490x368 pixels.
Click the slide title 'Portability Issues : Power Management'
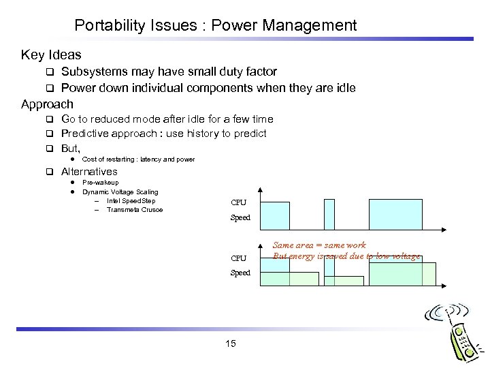tap(215, 26)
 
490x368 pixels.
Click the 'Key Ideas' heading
tap(51, 55)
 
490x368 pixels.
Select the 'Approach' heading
tap(47, 104)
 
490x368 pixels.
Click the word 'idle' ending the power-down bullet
tap(343, 88)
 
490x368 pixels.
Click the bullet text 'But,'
tap(71, 148)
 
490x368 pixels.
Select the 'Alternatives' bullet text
tap(89, 172)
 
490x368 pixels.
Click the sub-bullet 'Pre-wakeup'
tap(100, 183)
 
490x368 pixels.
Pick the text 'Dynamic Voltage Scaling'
tap(120, 192)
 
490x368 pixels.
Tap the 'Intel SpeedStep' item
tap(131, 201)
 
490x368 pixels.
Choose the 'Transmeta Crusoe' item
tap(135, 210)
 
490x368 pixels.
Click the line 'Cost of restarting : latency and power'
tap(138, 159)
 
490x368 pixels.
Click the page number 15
tap(230, 344)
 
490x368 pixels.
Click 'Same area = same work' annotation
tap(319, 245)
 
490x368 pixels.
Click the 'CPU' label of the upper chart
tap(239, 203)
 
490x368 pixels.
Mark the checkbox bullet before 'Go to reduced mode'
tap(50, 119)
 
